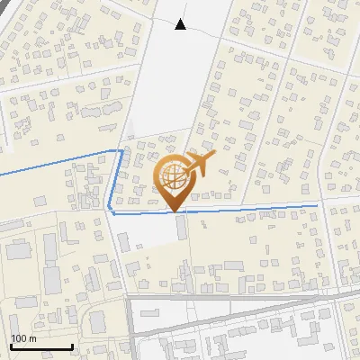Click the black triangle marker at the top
[181, 24]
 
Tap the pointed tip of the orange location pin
[176, 211]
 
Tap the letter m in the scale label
[32, 338]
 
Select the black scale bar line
[41, 347]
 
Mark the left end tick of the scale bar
[11, 346]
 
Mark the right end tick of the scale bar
[72, 346]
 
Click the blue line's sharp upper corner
[121, 150]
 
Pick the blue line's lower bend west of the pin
[111, 211]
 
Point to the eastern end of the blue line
[319, 206]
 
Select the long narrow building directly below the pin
[182, 227]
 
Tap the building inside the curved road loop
[95, 321]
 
